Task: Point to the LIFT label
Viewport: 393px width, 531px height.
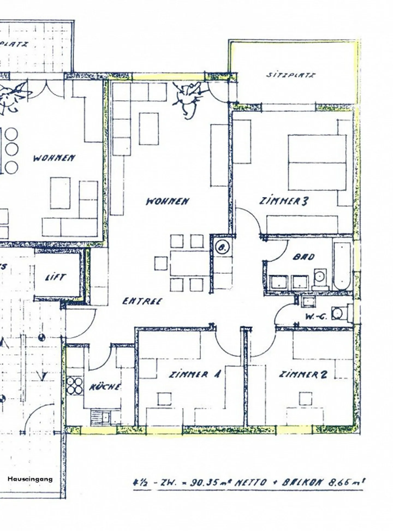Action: point(55,278)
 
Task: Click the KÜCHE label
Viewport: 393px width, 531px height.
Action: point(105,387)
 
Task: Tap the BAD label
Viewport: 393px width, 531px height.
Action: point(303,257)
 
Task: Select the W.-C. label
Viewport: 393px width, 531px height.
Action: point(316,317)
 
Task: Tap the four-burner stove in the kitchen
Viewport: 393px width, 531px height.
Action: point(75,385)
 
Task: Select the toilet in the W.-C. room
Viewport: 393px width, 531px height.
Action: point(340,313)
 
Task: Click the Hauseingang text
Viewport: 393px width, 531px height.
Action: point(30,479)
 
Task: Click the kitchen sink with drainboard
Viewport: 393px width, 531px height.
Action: point(100,417)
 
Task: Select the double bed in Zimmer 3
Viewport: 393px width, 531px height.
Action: point(317,162)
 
